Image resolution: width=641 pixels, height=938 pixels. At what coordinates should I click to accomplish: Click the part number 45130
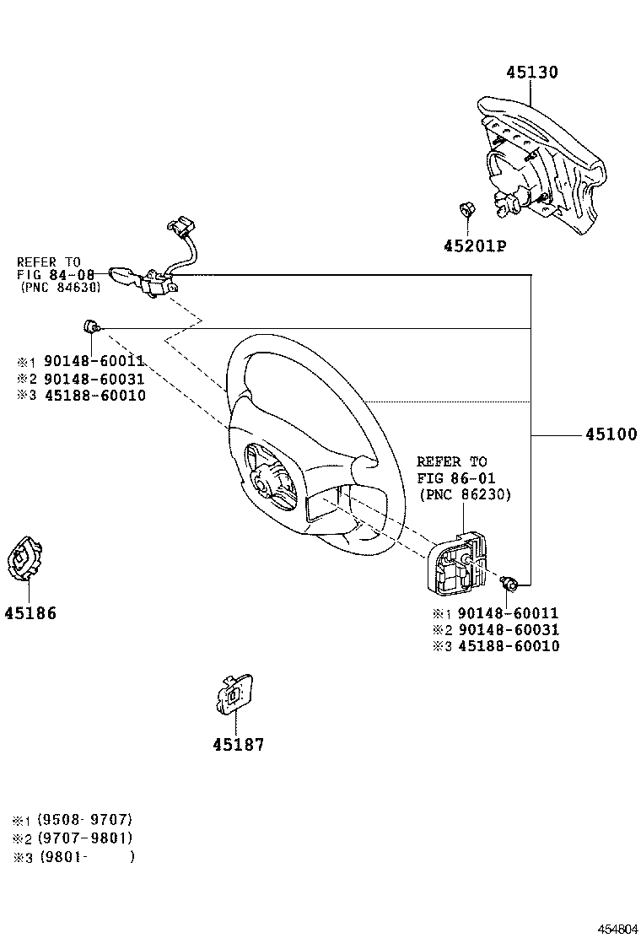tap(531, 73)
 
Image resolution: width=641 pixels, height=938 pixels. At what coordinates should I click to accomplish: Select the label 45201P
tap(474, 245)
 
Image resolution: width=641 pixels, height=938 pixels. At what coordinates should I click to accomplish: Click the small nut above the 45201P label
tap(466, 211)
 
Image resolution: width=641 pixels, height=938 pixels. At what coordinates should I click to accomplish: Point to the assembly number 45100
tap(611, 435)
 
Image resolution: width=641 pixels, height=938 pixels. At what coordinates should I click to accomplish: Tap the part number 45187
tap(238, 745)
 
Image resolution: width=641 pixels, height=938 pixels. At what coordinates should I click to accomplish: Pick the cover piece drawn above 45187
tap(231, 694)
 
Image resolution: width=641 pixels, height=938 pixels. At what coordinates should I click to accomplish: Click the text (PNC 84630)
tap(60, 287)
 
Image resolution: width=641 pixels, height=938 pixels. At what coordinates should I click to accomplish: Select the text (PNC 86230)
tap(464, 494)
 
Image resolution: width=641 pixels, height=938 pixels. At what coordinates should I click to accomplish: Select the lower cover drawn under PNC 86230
tap(460, 565)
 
